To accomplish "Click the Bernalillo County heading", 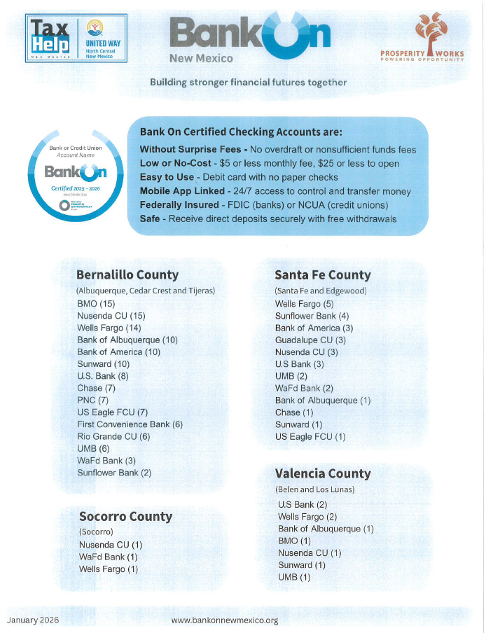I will [127, 274].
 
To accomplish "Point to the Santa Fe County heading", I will [323, 275].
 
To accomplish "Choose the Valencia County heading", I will [323, 473].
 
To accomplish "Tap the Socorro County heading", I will [125, 517].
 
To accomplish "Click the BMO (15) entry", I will [96, 304].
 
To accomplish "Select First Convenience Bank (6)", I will [130, 424].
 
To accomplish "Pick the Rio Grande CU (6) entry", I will [113, 436].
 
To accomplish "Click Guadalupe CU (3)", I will [310, 340].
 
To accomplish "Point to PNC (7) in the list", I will [92, 401].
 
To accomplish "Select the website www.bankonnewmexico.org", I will [225, 620].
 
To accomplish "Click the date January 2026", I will [33, 620].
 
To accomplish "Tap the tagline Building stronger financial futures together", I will [248, 83].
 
